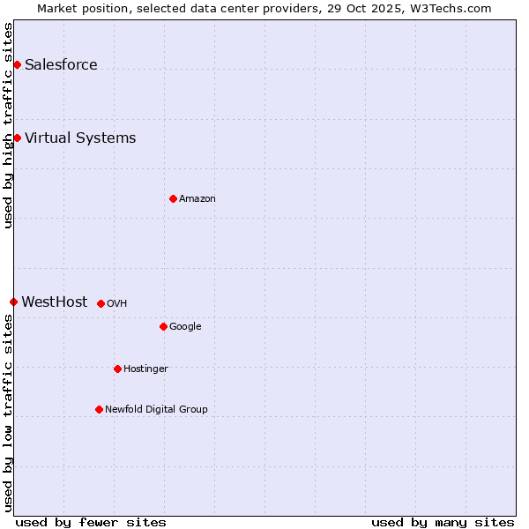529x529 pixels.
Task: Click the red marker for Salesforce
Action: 17,64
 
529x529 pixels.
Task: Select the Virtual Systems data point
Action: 17,138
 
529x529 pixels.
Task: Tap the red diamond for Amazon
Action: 173,198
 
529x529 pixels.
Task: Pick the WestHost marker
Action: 13,302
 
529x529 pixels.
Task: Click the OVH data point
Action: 101,303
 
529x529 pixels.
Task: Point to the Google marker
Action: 163,326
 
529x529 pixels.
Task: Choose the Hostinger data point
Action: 117,369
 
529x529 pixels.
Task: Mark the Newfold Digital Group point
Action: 99,409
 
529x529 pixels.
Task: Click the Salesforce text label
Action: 61,64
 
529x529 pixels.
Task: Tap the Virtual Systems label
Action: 80,138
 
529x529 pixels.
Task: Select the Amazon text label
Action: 197,198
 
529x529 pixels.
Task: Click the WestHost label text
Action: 55,302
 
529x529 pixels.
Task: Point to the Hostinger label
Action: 145,369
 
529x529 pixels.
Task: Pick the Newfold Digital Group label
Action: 156,409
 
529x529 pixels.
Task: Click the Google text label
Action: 185,326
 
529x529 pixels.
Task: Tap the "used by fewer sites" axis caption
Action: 91,522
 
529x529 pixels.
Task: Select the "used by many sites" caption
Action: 443,522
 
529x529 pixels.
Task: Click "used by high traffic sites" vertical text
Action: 8,125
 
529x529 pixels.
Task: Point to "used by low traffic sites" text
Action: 8,413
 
